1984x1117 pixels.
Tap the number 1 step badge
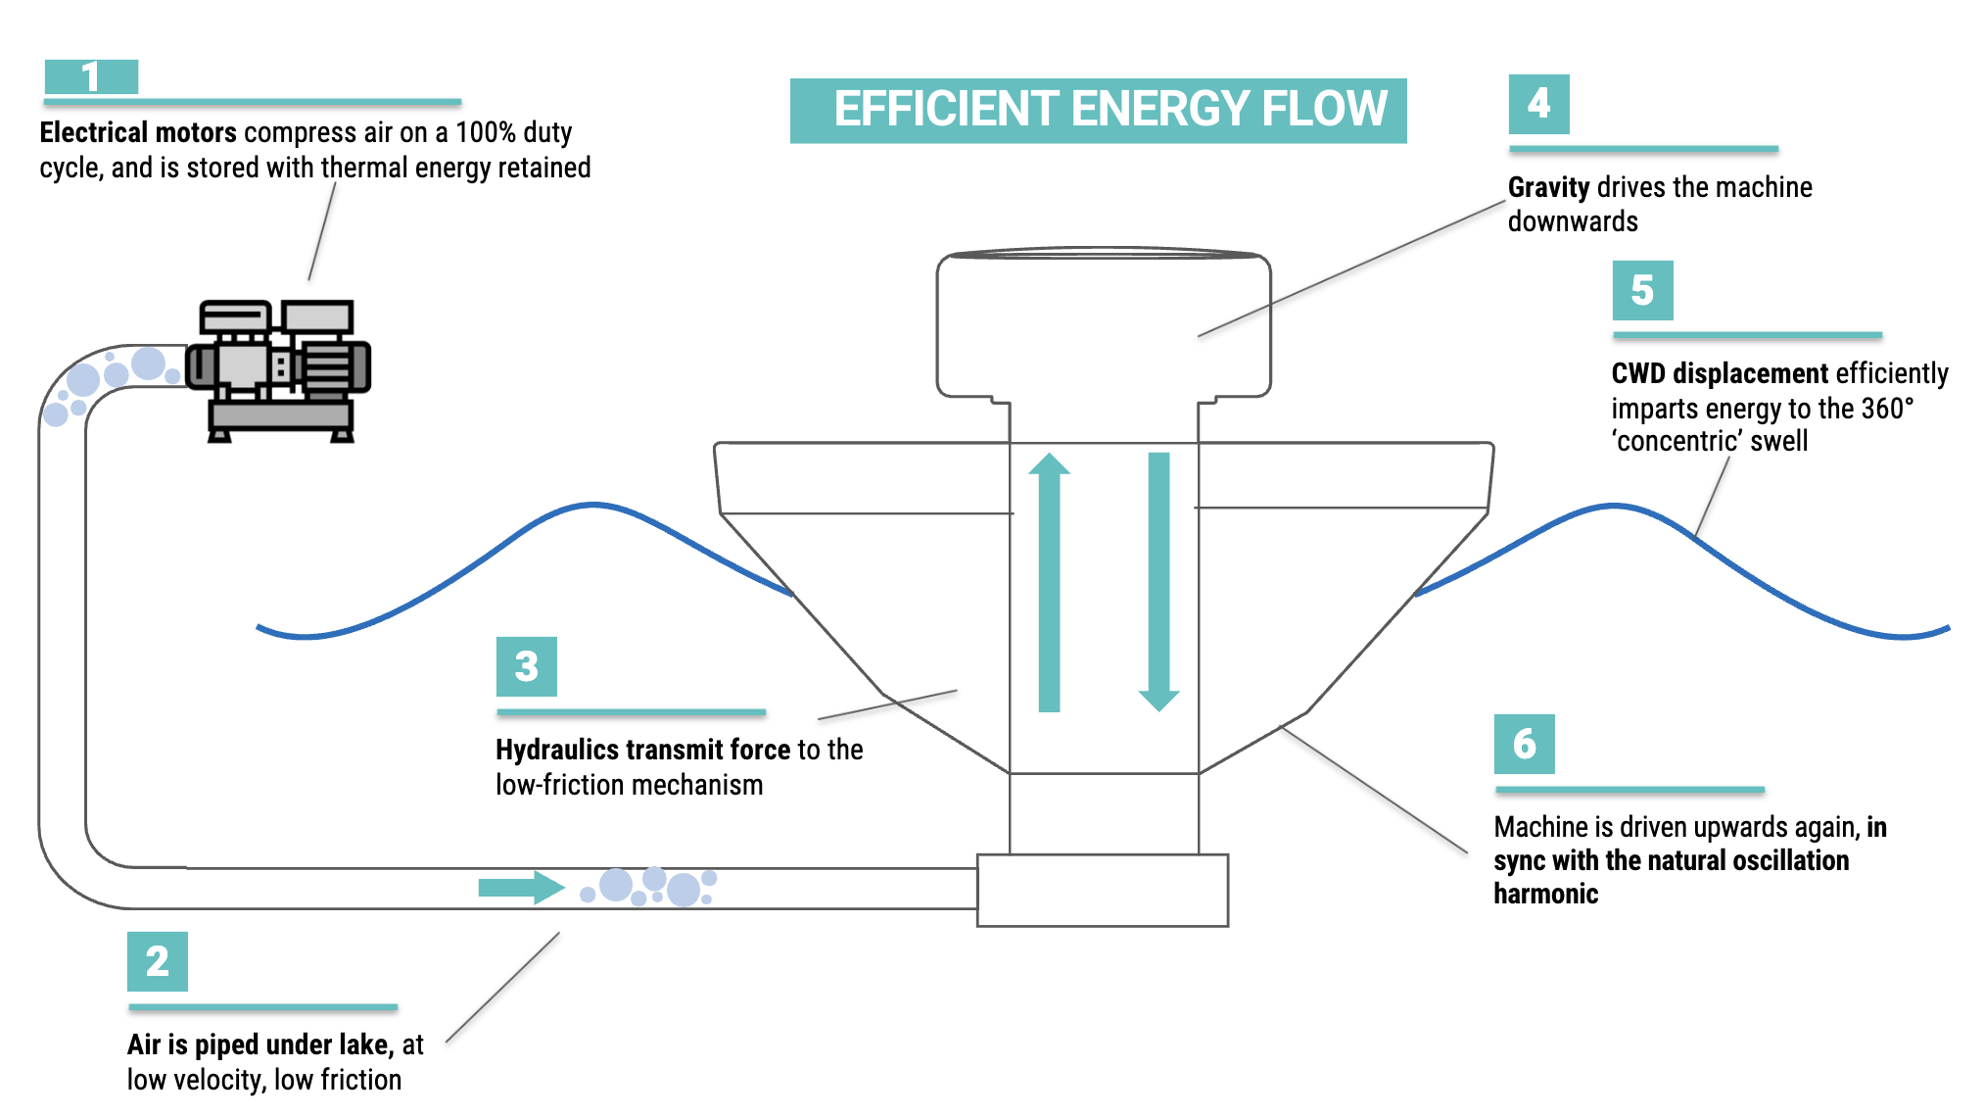point(91,76)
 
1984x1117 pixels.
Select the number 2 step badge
point(157,961)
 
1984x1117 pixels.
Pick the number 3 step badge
point(526,666)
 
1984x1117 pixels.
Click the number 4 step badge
point(1538,104)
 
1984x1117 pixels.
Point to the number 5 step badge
point(1642,290)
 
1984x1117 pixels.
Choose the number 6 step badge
point(1524,744)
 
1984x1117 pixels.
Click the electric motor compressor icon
point(279,370)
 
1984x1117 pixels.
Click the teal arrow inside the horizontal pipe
point(520,888)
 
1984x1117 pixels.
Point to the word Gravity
point(1548,187)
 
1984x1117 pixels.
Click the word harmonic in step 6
point(1545,894)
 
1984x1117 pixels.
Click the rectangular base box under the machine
point(1102,890)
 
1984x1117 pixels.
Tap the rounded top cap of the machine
point(1103,323)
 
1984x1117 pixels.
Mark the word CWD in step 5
point(1638,373)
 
